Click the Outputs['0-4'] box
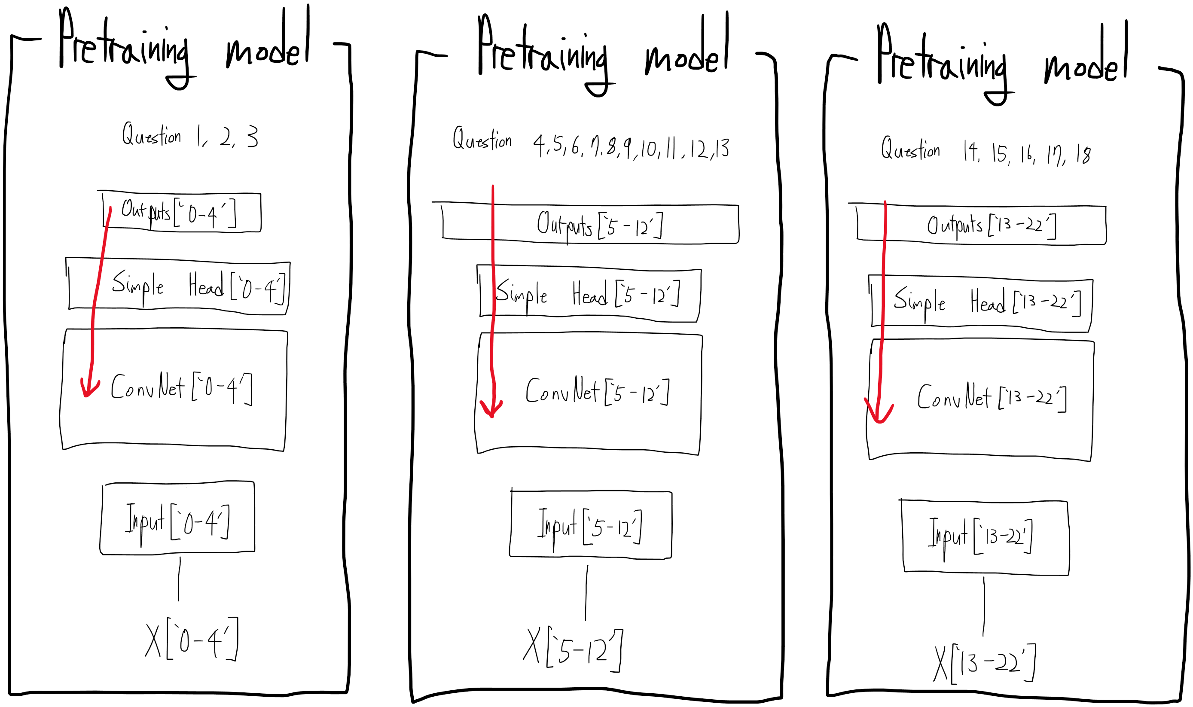pyautogui.click(x=181, y=213)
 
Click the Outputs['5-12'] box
pyautogui.click(x=591, y=224)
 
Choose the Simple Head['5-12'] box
pyautogui.click(x=589, y=294)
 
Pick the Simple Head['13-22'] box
pyautogui.click(x=982, y=303)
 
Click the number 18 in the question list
pyautogui.click(x=1083, y=155)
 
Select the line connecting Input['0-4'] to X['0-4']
pyautogui.click(x=179, y=579)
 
